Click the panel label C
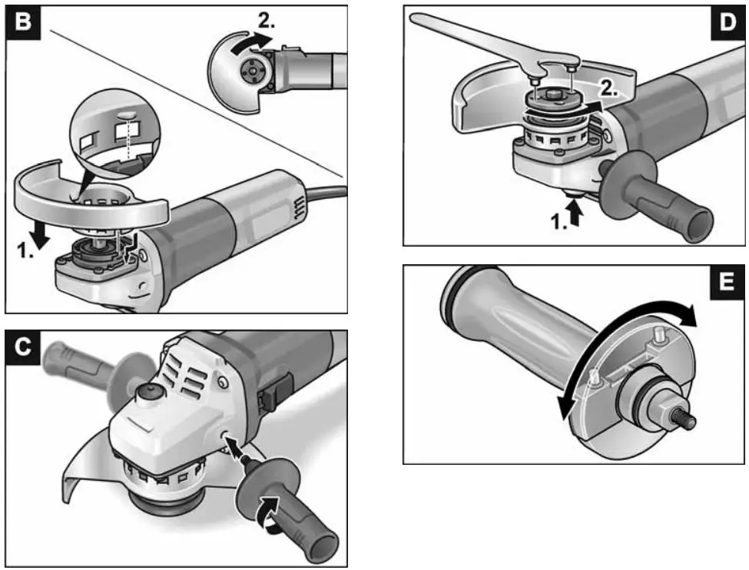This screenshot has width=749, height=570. pos(24,349)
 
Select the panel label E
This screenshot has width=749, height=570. pos(726,284)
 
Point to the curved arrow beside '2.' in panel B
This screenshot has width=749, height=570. pos(250,40)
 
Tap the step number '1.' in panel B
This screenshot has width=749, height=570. pos(25,250)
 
